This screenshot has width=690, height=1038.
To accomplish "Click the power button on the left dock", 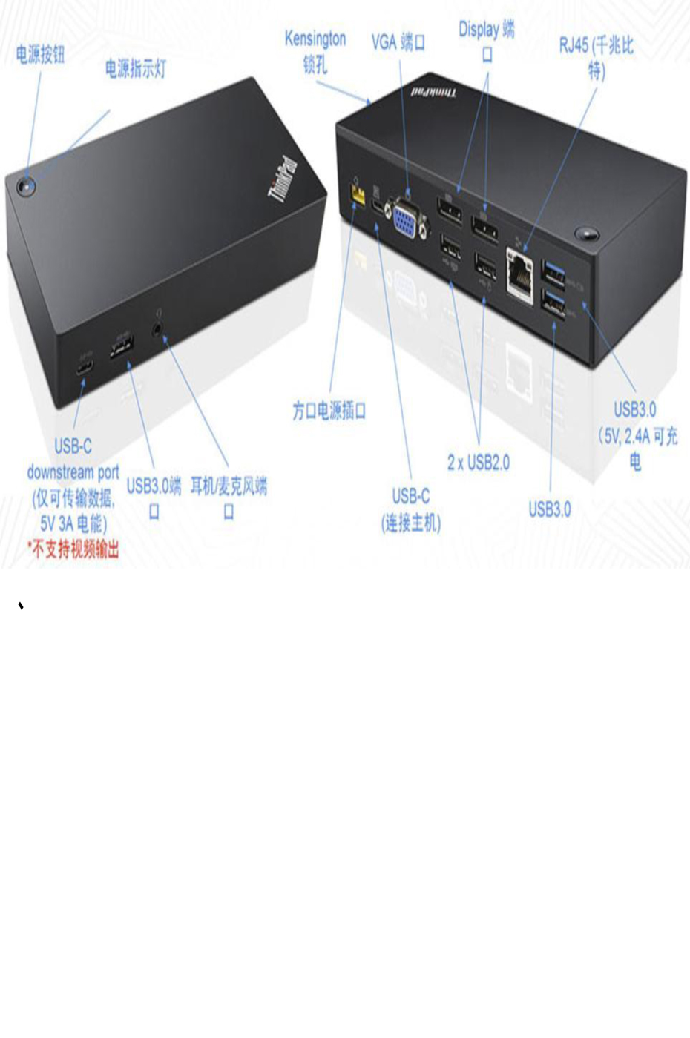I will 25,186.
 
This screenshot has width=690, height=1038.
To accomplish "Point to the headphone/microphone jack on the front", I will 158,326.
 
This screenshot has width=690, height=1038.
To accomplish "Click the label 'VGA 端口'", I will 398,42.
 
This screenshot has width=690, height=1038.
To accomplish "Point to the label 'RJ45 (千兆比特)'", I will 596,58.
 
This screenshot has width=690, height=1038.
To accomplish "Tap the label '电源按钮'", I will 40,54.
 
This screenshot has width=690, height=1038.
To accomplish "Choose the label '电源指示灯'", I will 135,69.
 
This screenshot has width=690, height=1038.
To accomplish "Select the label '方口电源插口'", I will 329,410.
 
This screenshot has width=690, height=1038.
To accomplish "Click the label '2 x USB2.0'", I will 478,463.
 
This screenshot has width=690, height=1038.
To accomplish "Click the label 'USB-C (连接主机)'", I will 411,509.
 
